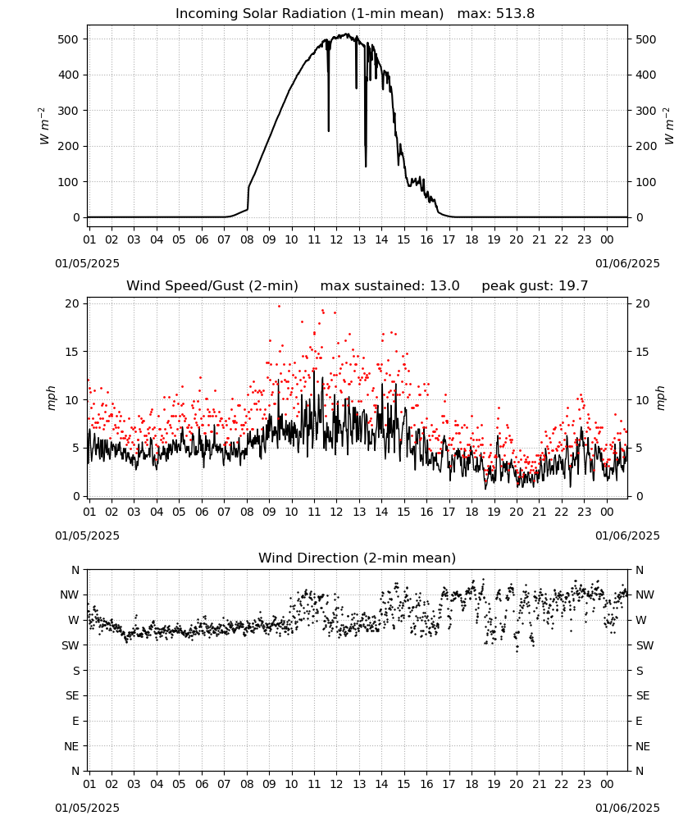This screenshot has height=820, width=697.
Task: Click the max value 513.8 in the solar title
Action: tap(515, 14)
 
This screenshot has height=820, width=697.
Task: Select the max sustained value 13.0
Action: tap(444, 286)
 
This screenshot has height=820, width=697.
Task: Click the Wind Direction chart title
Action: tap(358, 558)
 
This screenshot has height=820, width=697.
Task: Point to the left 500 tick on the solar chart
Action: tap(68, 39)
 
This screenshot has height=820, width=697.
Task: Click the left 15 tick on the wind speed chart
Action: tap(72, 352)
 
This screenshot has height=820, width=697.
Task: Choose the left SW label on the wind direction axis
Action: tap(71, 645)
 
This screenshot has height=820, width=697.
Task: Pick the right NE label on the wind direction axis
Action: tap(643, 746)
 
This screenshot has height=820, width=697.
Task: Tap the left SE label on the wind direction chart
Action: tap(72, 695)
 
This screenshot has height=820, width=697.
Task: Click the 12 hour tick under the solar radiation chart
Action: tap(336, 239)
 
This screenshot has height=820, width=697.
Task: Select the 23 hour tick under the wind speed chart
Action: tap(584, 512)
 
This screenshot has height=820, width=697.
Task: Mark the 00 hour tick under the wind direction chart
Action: tap(607, 784)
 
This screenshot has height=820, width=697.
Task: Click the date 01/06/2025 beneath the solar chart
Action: tap(627, 263)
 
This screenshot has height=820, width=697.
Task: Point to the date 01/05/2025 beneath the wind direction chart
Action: tap(87, 808)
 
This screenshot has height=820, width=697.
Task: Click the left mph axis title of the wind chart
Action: tap(51, 398)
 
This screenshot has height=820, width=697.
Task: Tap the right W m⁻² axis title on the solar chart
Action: tap(669, 126)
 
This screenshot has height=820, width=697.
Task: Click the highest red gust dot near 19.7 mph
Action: tap(279, 306)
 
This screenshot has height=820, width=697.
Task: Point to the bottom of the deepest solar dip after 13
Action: tap(366, 166)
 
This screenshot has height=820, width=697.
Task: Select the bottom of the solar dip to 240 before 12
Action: tap(328, 130)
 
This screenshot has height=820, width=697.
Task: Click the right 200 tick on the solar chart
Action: tap(646, 147)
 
